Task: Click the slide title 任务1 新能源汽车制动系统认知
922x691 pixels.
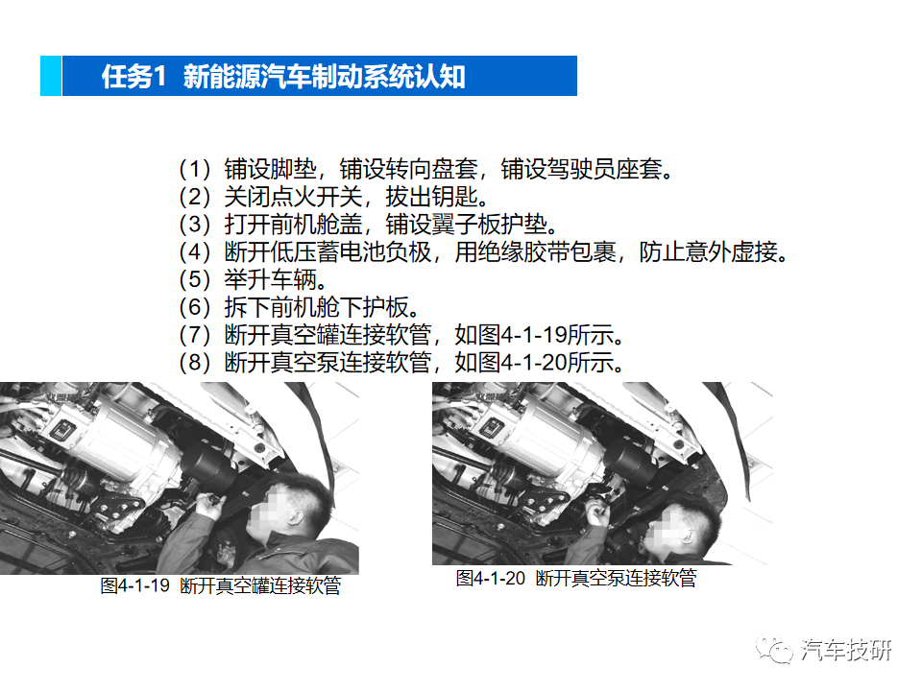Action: (284, 77)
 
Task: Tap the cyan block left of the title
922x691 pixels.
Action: (51, 76)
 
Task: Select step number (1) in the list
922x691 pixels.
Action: (194, 170)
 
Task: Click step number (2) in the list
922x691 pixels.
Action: (194, 198)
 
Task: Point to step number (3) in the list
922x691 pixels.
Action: (194, 226)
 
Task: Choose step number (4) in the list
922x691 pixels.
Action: (194, 253)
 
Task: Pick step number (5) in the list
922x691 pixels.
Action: (194, 281)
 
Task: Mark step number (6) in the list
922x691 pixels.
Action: (194, 309)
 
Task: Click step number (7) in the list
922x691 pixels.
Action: (194, 337)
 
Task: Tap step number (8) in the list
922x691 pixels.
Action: (194, 365)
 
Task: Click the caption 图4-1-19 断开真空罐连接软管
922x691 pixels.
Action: (221, 585)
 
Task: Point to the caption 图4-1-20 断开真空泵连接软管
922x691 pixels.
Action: (576, 579)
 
